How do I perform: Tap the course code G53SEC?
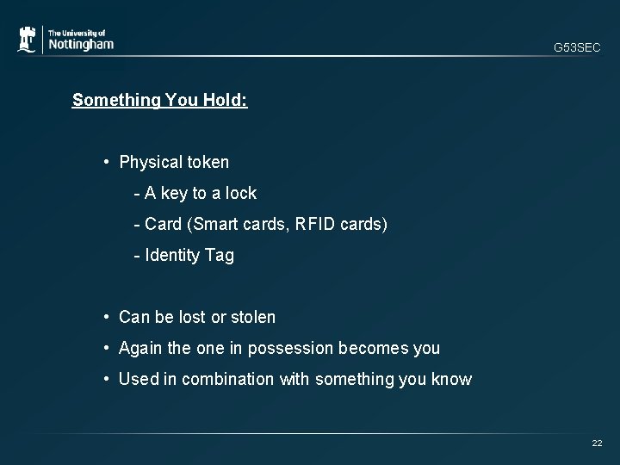tap(577, 48)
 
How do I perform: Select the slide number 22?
tap(597, 443)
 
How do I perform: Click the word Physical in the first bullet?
tap(149, 162)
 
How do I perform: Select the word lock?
tap(240, 193)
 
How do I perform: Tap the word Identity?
tap(173, 256)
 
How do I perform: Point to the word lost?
tap(192, 317)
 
